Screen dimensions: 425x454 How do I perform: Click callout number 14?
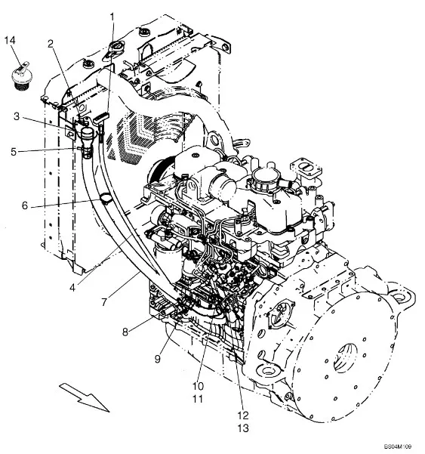10,40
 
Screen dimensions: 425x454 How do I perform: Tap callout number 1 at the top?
112,17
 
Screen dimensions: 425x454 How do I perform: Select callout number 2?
51,44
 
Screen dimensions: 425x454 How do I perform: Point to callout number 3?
17,116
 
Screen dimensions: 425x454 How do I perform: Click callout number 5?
14,152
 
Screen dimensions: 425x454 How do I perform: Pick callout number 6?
25,205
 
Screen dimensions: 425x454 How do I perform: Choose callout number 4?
72,288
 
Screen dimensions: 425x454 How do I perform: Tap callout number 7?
104,302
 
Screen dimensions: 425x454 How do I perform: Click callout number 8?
125,332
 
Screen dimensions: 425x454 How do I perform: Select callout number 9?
157,359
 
